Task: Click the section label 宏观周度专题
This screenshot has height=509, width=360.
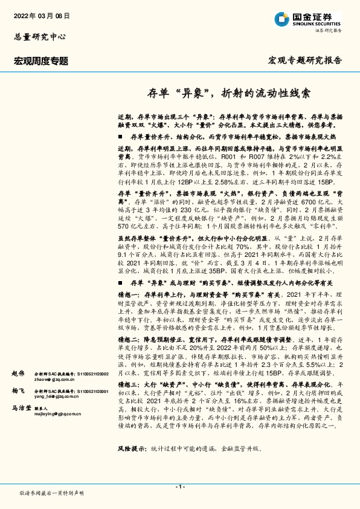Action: pyautogui.click(x=41, y=60)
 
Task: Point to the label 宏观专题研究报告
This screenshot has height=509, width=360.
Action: pyautogui.click(x=305, y=60)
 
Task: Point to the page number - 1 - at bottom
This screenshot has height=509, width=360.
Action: pyautogui.click(x=179, y=487)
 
